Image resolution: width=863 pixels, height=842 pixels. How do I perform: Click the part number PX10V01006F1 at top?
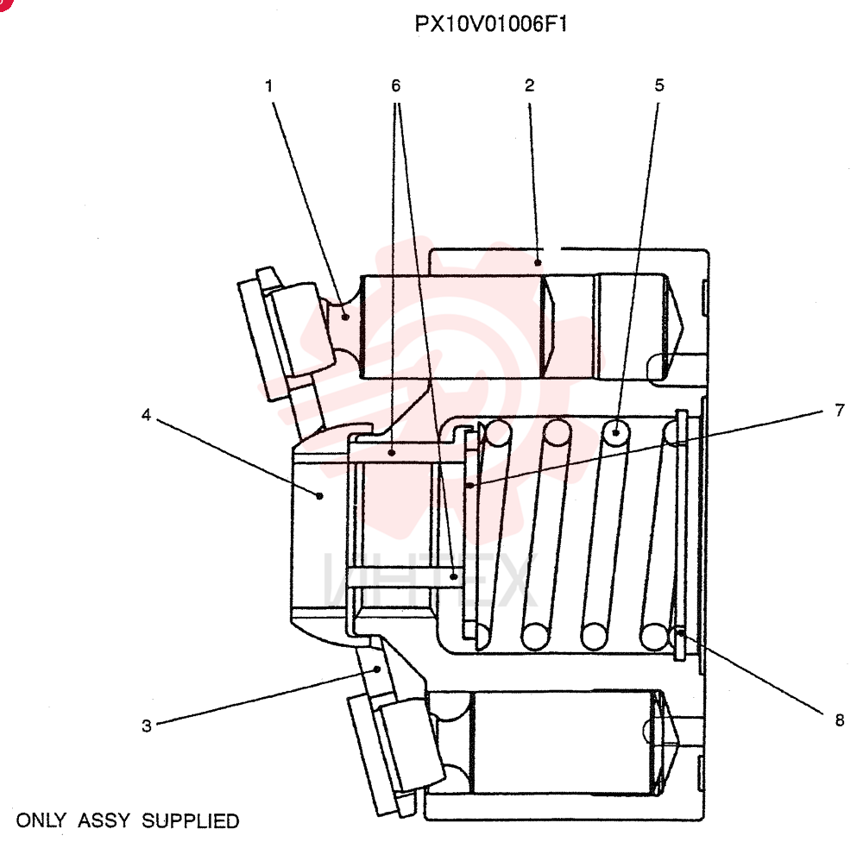[x=490, y=24]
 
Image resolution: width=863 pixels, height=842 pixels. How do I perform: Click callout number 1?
[x=269, y=86]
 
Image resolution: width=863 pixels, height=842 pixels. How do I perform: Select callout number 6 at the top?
[x=396, y=85]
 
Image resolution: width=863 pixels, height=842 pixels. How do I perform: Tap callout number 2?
[x=530, y=85]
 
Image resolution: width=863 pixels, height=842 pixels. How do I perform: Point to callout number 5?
[x=659, y=85]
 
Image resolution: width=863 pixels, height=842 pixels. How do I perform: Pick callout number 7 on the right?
[x=840, y=410]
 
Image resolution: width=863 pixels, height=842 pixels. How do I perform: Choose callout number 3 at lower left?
[x=147, y=726]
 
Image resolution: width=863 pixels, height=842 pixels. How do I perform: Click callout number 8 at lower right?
[x=840, y=719]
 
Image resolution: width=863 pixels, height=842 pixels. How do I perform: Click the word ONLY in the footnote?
[x=41, y=820]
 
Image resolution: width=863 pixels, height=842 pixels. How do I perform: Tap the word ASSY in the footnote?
[x=104, y=820]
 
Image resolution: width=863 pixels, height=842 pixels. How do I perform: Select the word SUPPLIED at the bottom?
[x=191, y=820]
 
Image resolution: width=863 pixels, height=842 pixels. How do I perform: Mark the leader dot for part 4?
[x=320, y=496]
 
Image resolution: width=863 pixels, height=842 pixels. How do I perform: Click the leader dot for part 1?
[x=345, y=317]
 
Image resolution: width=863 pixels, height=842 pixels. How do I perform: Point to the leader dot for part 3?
[x=377, y=669]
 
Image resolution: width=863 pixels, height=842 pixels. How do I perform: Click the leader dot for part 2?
[x=539, y=262]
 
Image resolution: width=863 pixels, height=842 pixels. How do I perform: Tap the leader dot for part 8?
[x=681, y=633]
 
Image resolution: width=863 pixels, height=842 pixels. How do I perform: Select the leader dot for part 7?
[x=470, y=486]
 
